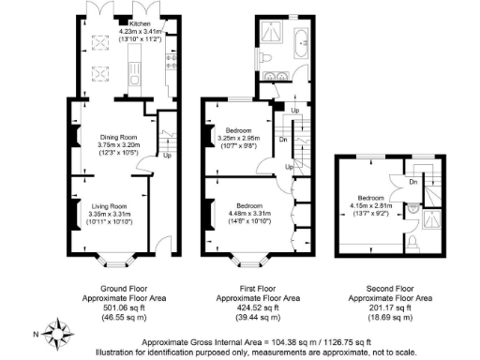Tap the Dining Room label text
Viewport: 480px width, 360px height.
(119, 139)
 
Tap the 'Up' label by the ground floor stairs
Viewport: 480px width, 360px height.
(167, 156)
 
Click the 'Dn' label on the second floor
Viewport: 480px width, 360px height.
(413, 183)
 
